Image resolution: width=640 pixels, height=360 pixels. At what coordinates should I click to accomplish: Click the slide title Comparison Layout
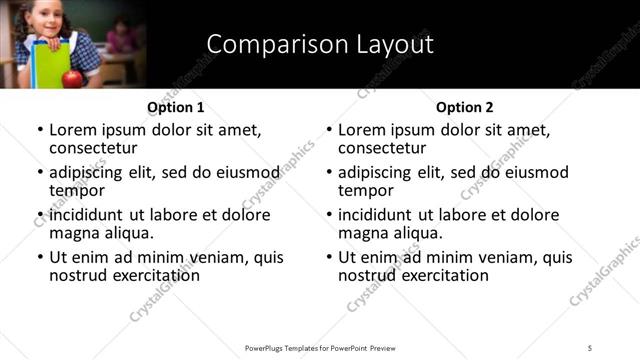(x=319, y=45)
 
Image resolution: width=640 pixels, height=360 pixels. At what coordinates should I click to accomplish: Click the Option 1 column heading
(x=175, y=107)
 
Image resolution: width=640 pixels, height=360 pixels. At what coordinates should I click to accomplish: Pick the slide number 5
(x=590, y=348)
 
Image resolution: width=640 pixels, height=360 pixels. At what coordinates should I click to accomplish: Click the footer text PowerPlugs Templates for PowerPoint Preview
(x=320, y=348)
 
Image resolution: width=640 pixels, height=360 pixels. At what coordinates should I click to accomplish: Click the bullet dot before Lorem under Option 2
(x=329, y=131)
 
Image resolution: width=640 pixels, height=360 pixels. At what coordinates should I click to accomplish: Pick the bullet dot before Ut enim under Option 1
(x=40, y=258)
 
